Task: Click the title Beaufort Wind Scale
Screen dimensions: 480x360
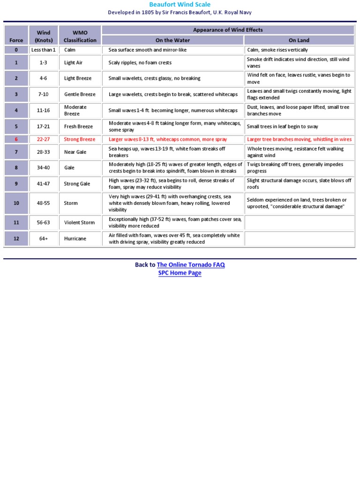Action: (180, 5)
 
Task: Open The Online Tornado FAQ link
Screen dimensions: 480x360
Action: (191, 265)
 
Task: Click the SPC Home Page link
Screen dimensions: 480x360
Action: (180, 273)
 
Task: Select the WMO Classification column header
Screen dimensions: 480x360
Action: (80, 37)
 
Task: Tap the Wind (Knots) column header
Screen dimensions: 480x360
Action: (43, 37)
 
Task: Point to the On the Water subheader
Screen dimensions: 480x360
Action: (172, 40)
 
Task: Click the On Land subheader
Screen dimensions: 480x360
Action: (299, 40)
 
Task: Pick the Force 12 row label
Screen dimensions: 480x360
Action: (16, 239)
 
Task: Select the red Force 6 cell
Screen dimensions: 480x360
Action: (16, 139)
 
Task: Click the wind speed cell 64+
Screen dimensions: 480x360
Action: (43, 239)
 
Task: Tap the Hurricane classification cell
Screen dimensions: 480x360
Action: (75, 239)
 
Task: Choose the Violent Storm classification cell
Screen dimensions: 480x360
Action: (79, 223)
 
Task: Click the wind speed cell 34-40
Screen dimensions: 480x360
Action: (43, 168)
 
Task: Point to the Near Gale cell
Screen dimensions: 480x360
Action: (75, 152)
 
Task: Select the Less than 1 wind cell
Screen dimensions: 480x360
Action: (43, 50)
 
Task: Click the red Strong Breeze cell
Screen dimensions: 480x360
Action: (79, 139)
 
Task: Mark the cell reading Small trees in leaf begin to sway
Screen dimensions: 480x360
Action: (282, 127)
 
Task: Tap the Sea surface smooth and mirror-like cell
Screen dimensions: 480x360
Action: (149, 50)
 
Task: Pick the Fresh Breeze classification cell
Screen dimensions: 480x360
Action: (78, 127)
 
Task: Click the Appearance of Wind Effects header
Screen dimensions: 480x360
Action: (228, 30)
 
